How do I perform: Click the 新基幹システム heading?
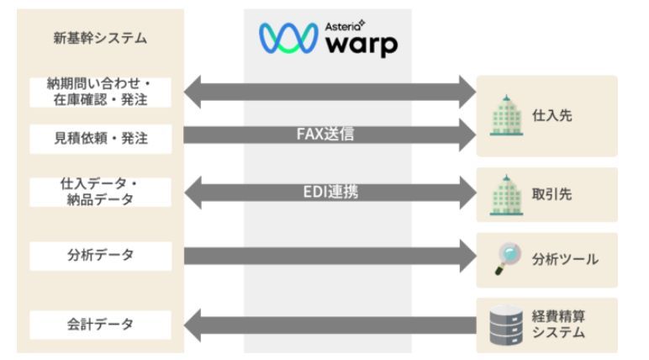(99, 38)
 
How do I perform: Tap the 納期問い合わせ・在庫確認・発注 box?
(100, 93)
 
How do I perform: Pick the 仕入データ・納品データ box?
(100, 192)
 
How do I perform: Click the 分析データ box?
(100, 256)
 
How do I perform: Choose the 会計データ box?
(100, 324)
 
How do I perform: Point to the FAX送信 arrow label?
(325, 135)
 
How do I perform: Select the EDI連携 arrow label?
(328, 192)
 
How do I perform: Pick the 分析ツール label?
(565, 259)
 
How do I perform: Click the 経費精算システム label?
(558, 325)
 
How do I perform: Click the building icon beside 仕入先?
(506, 115)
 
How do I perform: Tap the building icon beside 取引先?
(506, 194)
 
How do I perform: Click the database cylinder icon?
(505, 324)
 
